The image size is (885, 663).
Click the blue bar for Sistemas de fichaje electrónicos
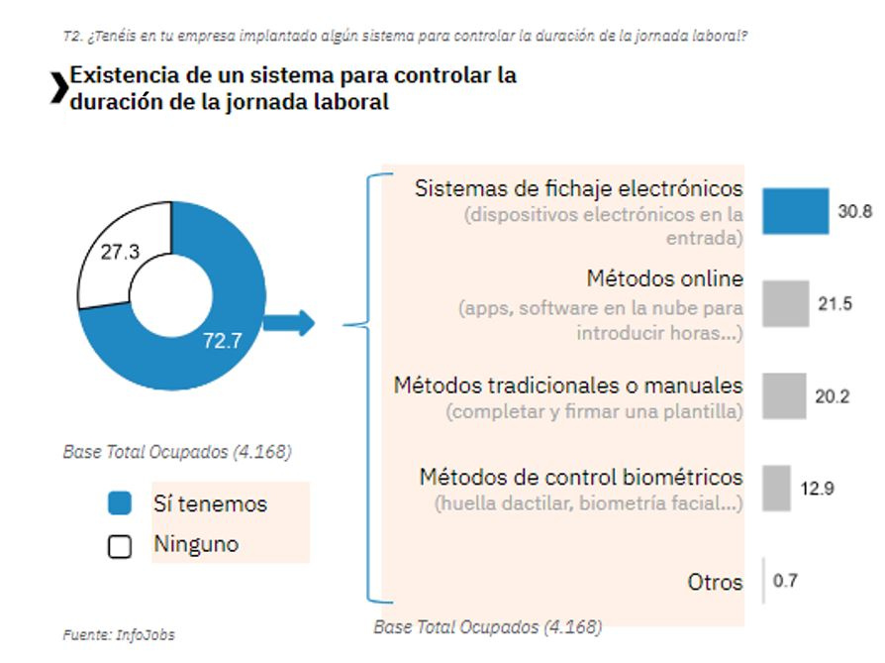click(795, 210)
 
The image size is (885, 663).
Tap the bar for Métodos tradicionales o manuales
click(785, 395)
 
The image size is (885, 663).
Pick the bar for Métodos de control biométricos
click(777, 488)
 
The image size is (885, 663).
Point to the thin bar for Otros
click(764, 580)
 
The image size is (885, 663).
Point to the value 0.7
click(786, 581)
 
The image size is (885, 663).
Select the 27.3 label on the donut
click(121, 253)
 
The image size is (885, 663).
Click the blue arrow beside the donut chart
click(289, 323)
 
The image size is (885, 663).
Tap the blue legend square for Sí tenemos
click(119, 504)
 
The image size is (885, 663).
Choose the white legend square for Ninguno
click(119, 546)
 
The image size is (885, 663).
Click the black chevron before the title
click(59, 88)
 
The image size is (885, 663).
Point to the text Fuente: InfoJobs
click(111, 633)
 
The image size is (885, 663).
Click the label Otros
click(715, 582)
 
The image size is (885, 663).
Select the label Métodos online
click(664, 278)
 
